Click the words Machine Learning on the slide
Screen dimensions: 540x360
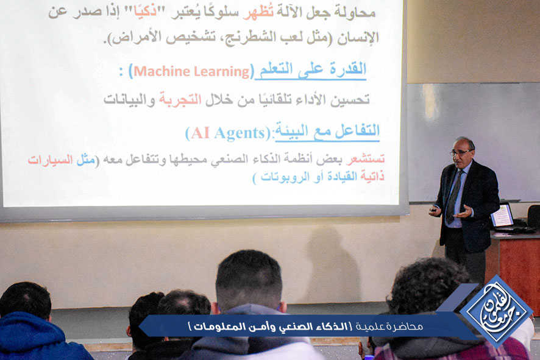(191, 71)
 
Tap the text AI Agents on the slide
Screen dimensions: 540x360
(227, 133)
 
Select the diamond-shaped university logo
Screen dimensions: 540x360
(496, 311)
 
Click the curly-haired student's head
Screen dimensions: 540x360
(427, 286)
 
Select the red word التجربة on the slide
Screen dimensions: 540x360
(180, 99)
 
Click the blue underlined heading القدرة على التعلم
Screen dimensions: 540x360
(311, 69)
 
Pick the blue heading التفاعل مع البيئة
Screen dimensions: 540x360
(327, 131)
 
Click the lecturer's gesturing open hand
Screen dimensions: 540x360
(463, 211)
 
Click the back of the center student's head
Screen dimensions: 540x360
(249, 279)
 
